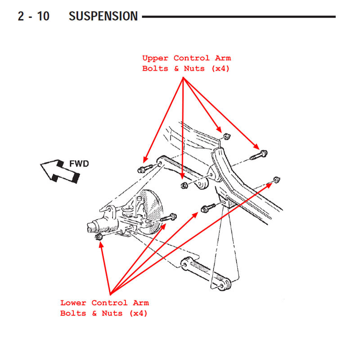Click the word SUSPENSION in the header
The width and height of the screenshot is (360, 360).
103,17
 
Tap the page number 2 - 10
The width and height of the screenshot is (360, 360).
34,17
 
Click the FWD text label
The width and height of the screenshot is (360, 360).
79,164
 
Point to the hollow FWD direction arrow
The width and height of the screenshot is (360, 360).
58,171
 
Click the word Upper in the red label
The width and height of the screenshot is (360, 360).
155,58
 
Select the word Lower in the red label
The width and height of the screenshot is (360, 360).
73,303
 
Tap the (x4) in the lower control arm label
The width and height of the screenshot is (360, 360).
138,313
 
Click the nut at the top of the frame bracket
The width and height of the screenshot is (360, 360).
226,136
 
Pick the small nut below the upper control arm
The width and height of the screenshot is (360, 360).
183,185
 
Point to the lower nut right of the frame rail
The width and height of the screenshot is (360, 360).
276,180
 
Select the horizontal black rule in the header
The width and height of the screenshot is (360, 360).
238,17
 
